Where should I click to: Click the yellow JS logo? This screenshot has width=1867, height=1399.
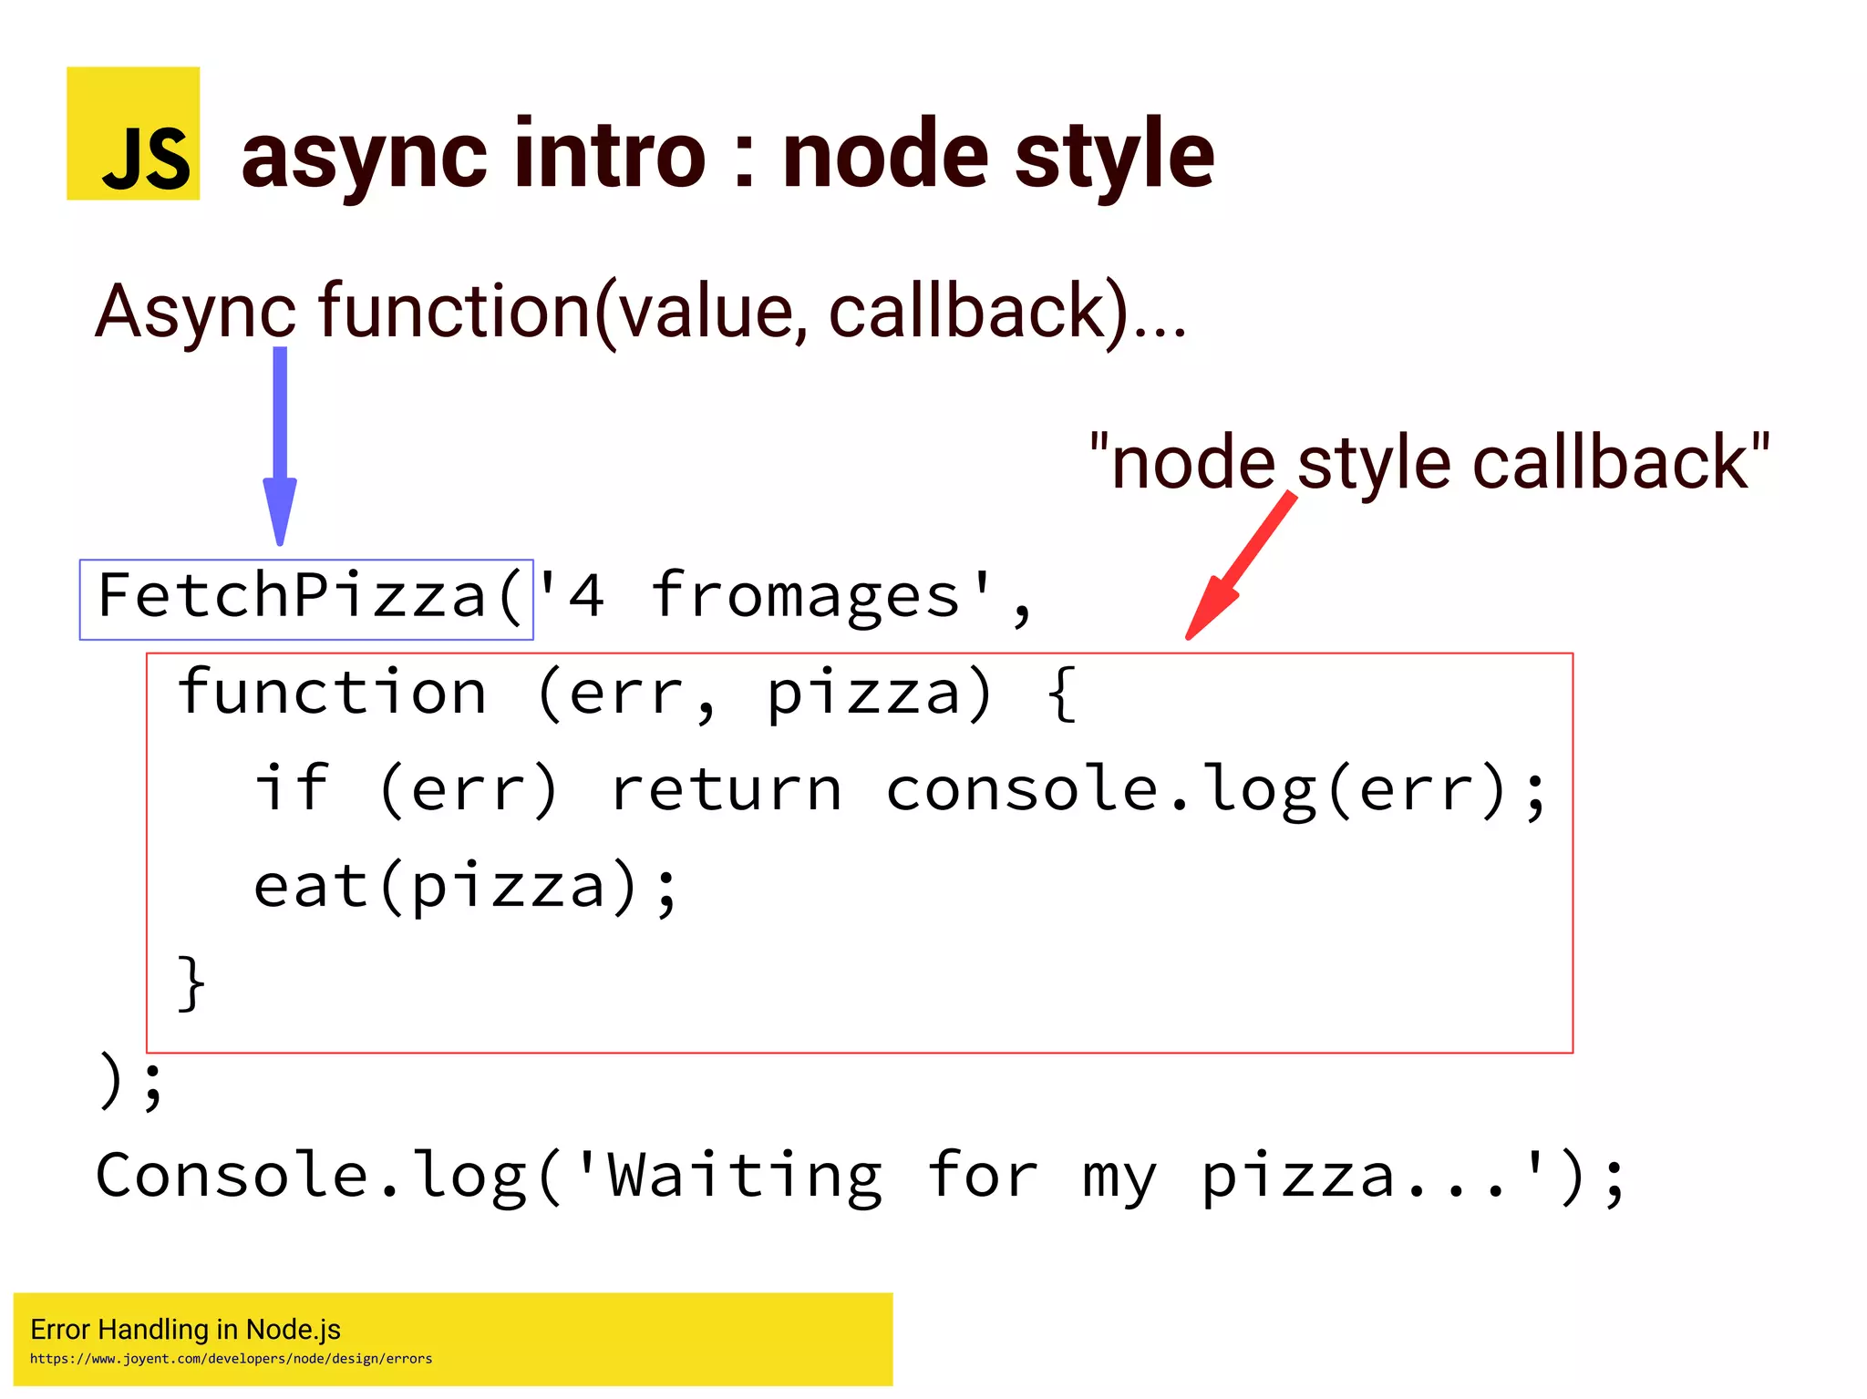(133, 133)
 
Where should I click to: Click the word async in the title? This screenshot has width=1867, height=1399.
(364, 157)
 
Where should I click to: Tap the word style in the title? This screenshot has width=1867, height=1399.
(1114, 157)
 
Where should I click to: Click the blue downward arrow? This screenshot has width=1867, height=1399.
(280, 447)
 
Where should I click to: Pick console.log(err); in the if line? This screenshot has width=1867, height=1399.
(1216, 791)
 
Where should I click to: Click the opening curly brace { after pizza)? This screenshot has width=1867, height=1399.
(1061, 694)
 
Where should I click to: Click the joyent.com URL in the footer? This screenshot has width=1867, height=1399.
(231, 1359)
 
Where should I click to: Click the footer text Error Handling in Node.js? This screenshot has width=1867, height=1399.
(185, 1330)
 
